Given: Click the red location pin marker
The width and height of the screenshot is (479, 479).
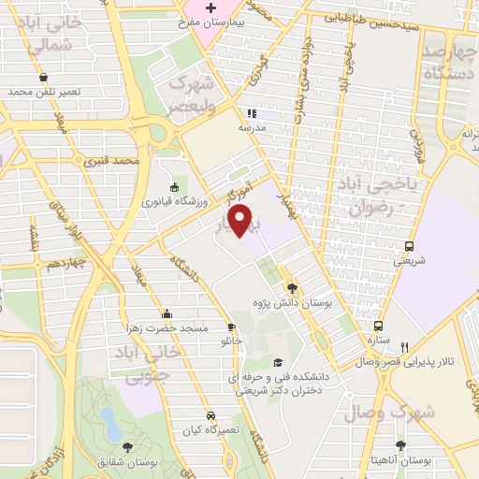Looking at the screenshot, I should pyautogui.click(x=241, y=221).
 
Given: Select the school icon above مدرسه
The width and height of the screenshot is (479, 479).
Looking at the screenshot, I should pyautogui.click(x=251, y=113).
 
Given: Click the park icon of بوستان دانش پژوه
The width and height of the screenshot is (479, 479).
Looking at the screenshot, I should pyautogui.click(x=293, y=288).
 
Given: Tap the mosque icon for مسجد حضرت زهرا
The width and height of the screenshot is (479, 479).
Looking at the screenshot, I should pyautogui.click(x=167, y=313).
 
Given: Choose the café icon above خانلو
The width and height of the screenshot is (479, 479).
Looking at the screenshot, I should pyautogui.click(x=232, y=327).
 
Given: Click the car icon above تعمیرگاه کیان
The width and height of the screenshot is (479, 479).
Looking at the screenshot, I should pyautogui.click(x=211, y=414).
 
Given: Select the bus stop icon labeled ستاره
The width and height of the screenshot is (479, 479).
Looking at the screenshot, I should pyautogui.click(x=378, y=327).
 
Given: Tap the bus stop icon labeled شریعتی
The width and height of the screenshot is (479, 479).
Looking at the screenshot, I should pyautogui.click(x=408, y=246).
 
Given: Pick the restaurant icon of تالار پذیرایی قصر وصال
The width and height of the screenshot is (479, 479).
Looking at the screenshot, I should pyautogui.click(x=405, y=345).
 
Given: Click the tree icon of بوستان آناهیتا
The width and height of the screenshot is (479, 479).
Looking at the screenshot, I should pyautogui.click(x=400, y=445).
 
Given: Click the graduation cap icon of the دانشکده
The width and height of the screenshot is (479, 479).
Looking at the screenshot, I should pyautogui.click(x=276, y=362).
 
